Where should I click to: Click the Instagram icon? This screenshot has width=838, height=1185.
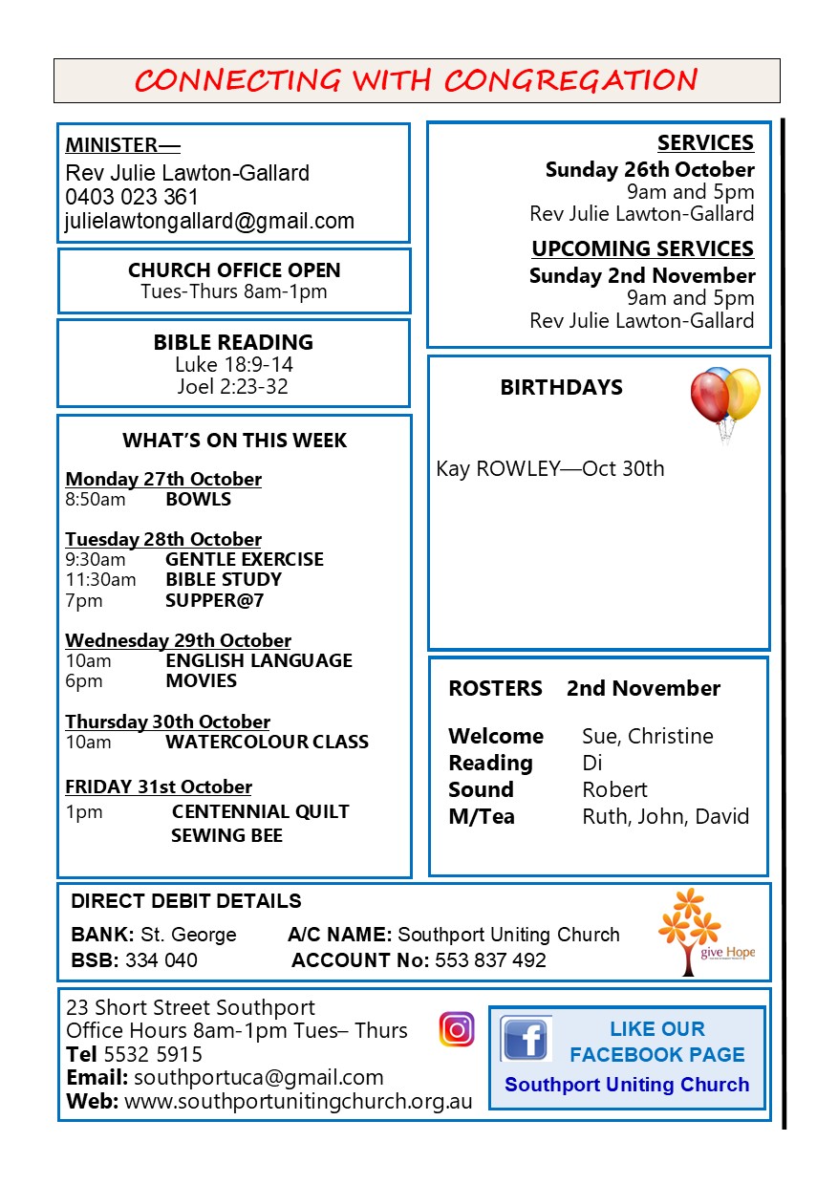(457, 1029)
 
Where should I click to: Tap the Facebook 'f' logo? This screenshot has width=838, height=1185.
(526, 1039)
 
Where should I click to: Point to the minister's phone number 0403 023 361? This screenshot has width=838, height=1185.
(132, 198)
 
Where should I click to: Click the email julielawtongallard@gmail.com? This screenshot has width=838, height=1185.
(209, 222)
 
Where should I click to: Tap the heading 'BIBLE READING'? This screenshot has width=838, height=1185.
(233, 342)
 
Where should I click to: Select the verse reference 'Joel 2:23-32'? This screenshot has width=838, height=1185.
(233, 387)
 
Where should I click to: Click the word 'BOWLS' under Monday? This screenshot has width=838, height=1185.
(198, 499)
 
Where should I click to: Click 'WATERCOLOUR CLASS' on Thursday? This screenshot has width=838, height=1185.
(267, 742)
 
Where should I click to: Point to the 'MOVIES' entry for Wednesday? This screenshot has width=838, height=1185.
(201, 680)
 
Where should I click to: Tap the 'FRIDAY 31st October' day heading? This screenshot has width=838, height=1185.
(159, 787)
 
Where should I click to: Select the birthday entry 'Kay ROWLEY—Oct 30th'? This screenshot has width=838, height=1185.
(549, 469)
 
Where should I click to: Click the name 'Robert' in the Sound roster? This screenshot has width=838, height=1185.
(614, 790)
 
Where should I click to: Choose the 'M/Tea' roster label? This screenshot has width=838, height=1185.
(482, 817)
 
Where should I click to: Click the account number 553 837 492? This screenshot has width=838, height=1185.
(490, 960)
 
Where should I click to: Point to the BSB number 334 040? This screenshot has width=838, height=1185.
(161, 960)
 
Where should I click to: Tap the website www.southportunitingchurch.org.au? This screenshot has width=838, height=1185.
(298, 1101)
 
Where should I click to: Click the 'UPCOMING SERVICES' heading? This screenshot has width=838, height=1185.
(642, 249)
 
